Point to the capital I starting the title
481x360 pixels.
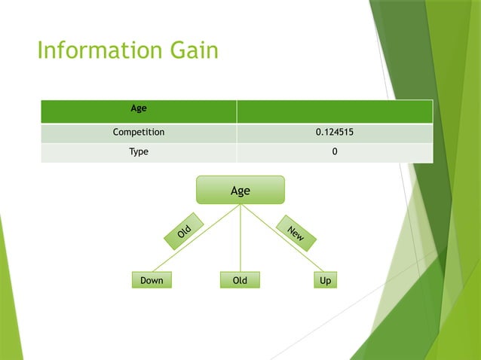pos(40,51)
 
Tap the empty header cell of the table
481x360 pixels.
pos(335,111)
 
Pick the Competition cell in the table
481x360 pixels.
pos(139,133)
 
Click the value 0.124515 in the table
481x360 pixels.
pos(335,133)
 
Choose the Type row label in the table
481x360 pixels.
pos(139,152)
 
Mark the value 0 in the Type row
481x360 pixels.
pos(335,152)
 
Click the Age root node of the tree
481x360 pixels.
pos(240,191)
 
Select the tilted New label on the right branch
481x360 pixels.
pos(296,233)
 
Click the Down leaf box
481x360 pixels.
pos(152,280)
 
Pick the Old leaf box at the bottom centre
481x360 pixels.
pos(240,280)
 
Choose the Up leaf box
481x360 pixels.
pos(326,280)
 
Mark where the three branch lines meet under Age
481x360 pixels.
pos(240,206)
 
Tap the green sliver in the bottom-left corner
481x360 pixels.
pos(7,316)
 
